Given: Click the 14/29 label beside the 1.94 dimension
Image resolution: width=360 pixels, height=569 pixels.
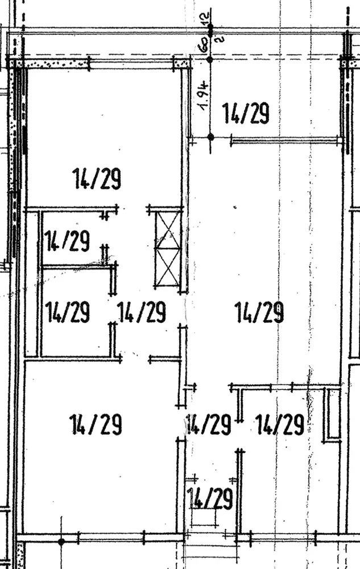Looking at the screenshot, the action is [245, 113].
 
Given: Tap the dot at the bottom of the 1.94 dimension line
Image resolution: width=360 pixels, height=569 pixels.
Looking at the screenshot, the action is [210, 137].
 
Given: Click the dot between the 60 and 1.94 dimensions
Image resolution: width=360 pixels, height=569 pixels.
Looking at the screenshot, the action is [210, 59].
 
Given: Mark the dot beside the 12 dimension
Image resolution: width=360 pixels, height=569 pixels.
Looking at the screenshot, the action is [210, 27].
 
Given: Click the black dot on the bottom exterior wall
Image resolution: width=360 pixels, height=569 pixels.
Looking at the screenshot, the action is [61, 541].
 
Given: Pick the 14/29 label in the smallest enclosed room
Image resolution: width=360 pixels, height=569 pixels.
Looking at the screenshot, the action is [67, 241].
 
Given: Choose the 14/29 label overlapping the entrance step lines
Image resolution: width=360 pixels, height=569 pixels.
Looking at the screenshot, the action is [210, 499].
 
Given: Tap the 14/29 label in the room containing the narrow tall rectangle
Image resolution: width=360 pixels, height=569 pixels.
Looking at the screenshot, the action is [279, 424].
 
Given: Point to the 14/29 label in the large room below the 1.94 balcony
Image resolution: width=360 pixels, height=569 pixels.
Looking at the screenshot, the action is [259, 312].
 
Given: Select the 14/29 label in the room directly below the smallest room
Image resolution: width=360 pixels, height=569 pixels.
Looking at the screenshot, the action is [68, 312].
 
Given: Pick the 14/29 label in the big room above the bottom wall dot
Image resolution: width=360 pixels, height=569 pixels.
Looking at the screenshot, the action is [96, 424].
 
